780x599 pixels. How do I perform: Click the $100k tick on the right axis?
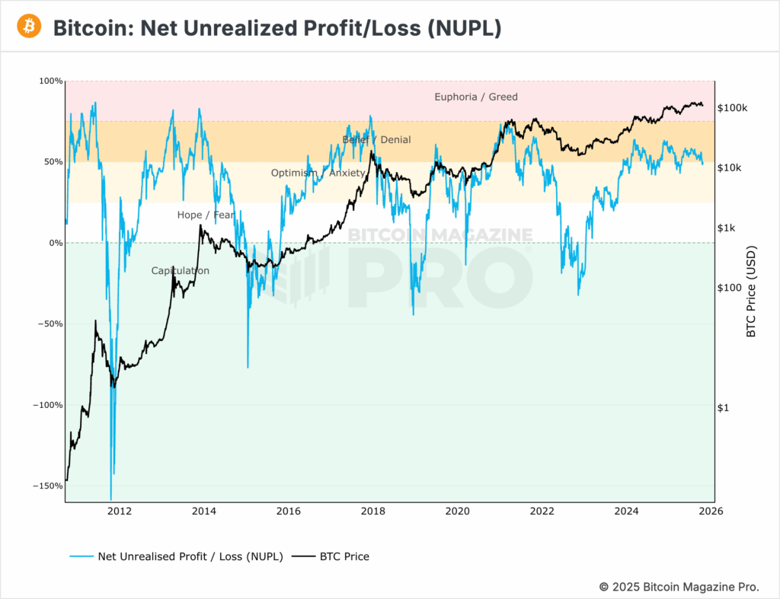(x=733, y=108)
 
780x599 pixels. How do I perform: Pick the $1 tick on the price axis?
(x=724, y=408)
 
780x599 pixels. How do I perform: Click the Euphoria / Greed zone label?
(x=475, y=97)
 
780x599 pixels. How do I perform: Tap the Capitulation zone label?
(x=180, y=271)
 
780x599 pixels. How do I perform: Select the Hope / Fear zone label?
(x=206, y=215)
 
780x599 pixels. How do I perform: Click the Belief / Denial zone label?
(x=376, y=140)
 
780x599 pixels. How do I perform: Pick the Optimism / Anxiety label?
(x=318, y=173)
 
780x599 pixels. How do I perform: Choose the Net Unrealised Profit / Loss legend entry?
(x=190, y=556)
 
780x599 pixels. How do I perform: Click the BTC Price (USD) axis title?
(x=750, y=292)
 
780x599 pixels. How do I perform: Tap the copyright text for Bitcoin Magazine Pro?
(x=679, y=587)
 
